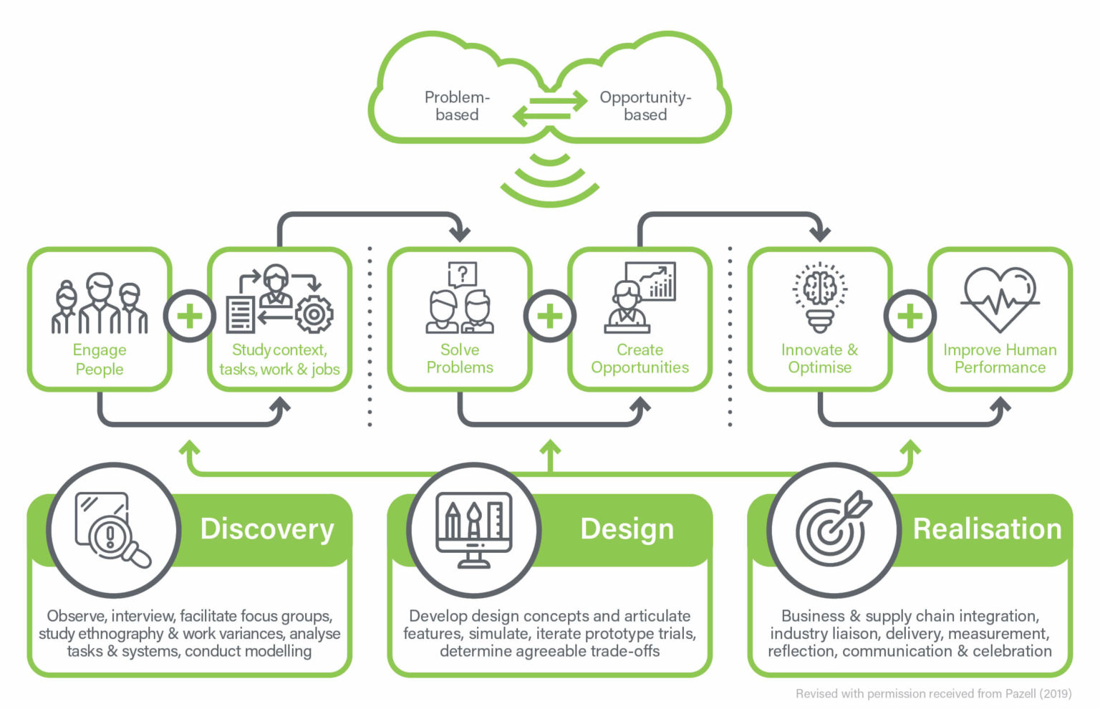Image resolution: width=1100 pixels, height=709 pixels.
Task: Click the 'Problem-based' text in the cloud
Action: (x=456, y=106)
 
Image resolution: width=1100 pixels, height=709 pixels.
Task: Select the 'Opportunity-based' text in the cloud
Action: (x=645, y=106)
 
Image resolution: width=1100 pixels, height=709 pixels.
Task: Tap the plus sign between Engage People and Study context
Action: (x=190, y=317)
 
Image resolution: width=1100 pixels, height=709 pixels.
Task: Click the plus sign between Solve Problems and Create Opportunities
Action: (x=550, y=317)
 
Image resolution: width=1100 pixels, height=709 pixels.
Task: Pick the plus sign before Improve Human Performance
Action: (x=910, y=317)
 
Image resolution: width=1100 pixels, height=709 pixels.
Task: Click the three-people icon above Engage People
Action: (x=100, y=304)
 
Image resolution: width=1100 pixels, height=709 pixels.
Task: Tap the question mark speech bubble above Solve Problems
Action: (x=463, y=274)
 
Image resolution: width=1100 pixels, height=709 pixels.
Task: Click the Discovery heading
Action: (x=267, y=529)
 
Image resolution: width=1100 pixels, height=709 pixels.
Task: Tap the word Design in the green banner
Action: (x=627, y=529)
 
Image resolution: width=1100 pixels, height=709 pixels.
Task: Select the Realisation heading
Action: (x=987, y=529)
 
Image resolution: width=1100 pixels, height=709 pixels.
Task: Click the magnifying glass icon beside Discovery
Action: (x=112, y=530)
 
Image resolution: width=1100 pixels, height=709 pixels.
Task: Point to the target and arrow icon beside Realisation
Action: (x=834, y=529)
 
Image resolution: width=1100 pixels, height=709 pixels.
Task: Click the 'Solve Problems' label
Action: (x=460, y=359)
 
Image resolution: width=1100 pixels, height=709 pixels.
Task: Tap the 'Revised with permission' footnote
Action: (x=933, y=693)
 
